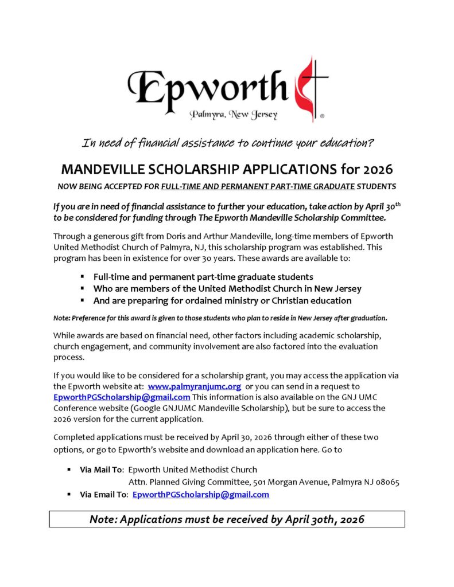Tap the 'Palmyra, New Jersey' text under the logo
pyautogui.click(x=234, y=115)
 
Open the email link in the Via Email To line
pyautogui.click(x=200, y=495)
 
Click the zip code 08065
pyautogui.click(x=385, y=482)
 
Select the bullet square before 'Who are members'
pyautogui.click(x=83, y=288)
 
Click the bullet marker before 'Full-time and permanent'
pyautogui.click(x=83, y=276)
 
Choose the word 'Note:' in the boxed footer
pyautogui.click(x=105, y=519)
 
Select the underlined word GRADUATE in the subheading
pyautogui.click(x=330, y=187)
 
